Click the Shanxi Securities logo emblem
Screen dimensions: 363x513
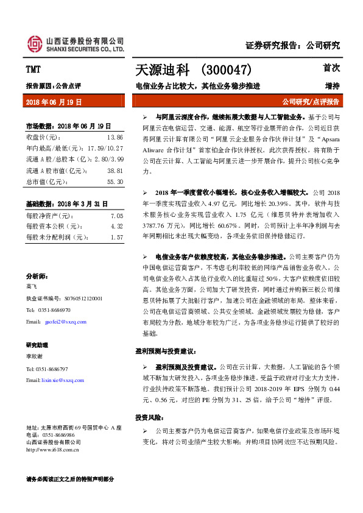pyautogui.click(x=35, y=43)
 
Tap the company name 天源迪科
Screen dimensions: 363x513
pyautogui.click(x=160, y=71)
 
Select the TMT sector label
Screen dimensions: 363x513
pyautogui.click(x=33, y=69)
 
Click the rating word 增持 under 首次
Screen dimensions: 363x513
pyautogui.click(x=333, y=86)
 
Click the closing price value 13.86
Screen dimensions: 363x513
pyautogui.click(x=115, y=138)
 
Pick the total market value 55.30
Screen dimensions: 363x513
pyautogui.click(x=115, y=182)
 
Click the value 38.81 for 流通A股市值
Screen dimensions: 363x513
pyautogui.click(x=115, y=171)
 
